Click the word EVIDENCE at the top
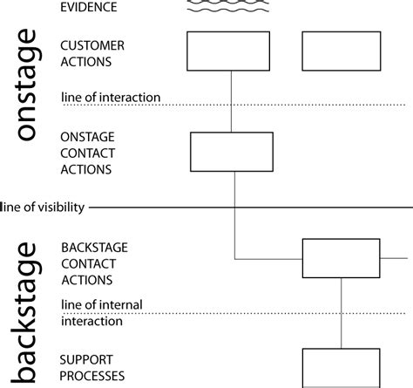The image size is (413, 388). click(89, 9)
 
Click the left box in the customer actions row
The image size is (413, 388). click(231, 51)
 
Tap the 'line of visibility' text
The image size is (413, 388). click(44, 207)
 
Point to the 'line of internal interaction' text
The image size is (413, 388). click(102, 312)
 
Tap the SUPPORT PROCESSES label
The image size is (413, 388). click(91, 367)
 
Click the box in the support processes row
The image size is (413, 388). click(341, 367)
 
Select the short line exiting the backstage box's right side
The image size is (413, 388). click(394, 258)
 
